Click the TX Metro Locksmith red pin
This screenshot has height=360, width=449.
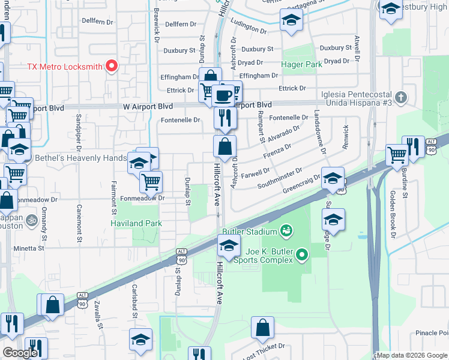coord(112,66)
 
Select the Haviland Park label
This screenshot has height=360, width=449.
coord(136,223)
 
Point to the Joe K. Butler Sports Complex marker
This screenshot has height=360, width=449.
coord(302,255)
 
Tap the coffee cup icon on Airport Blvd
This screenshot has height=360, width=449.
coord(223,95)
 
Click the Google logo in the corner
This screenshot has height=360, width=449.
coord(20,353)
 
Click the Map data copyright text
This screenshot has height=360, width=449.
coord(412,355)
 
